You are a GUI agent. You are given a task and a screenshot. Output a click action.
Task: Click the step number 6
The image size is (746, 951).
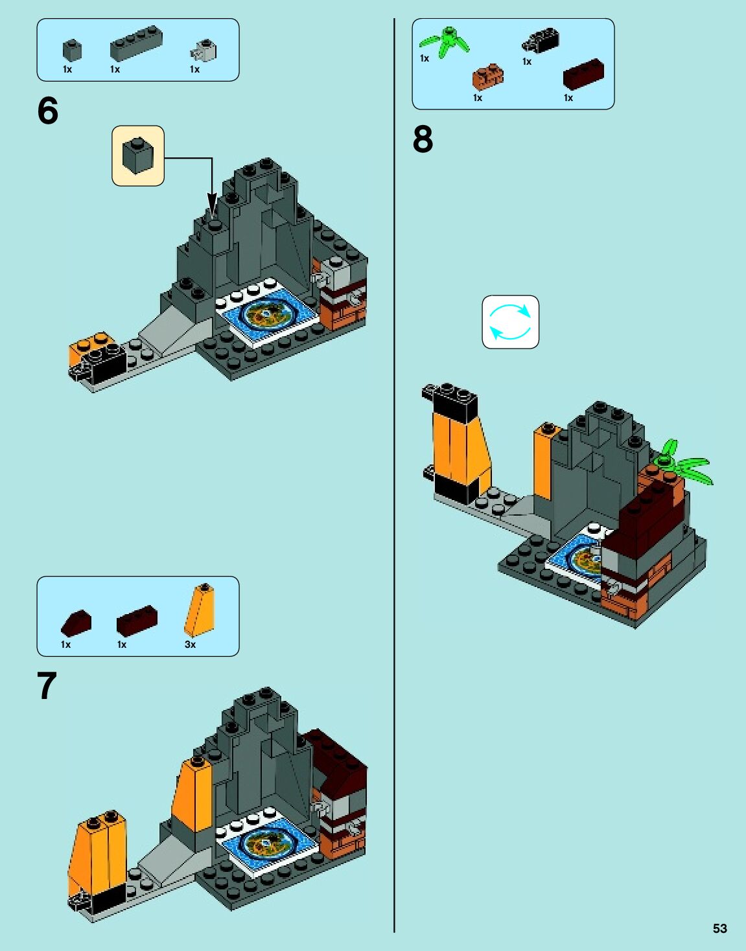tap(48, 110)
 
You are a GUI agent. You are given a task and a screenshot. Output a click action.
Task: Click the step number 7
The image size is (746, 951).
tap(47, 685)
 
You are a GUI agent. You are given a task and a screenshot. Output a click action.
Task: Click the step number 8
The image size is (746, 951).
tap(423, 139)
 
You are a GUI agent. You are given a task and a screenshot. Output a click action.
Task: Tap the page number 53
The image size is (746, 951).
tap(719, 928)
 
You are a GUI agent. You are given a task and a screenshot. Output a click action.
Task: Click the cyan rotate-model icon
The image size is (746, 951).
tap(511, 322)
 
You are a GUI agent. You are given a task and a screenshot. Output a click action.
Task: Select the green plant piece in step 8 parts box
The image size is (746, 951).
tap(444, 42)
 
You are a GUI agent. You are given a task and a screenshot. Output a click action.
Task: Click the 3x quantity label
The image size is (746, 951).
tap(190, 644)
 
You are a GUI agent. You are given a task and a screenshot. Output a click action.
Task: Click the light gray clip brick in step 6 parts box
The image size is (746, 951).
tap(204, 51)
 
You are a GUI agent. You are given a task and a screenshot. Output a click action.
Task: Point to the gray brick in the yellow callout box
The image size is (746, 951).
tap(138, 156)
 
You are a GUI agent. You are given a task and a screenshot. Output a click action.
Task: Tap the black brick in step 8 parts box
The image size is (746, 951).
tap(541, 41)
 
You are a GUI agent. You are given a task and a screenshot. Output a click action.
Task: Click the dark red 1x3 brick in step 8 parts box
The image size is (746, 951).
tap(583, 74)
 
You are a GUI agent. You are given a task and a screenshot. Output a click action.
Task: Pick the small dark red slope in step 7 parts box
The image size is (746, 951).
tap(76, 623)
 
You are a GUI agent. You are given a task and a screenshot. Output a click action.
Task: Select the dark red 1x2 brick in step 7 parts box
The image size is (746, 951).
tap(137, 620)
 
